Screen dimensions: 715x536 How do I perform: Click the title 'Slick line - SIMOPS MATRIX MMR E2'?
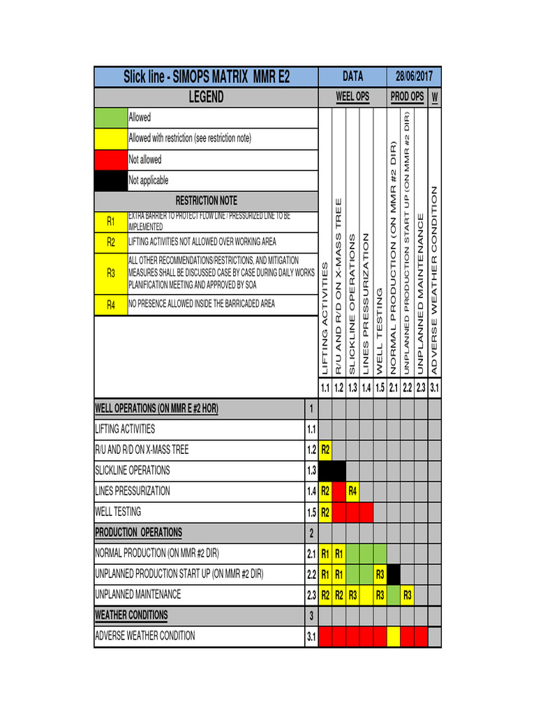click(206, 77)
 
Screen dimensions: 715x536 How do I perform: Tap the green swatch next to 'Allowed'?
click(110, 118)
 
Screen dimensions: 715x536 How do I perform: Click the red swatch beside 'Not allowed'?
click(110, 160)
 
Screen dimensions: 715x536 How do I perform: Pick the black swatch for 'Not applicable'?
click(110, 180)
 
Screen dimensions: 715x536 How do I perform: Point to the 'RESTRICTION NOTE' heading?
click(206, 201)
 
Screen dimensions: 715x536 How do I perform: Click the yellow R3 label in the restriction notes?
click(110, 274)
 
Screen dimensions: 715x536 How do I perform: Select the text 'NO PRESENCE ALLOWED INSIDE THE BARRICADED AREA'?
click(202, 304)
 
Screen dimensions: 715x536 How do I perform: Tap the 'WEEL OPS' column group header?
click(352, 97)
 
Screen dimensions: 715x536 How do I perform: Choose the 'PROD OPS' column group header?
click(407, 97)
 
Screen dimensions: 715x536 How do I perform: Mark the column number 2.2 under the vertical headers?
click(407, 388)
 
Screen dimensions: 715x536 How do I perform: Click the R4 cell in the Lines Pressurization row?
click(352, 492)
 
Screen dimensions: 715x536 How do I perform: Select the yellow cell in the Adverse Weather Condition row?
click(394, 636)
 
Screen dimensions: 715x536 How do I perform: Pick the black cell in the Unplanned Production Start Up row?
click(394, 575)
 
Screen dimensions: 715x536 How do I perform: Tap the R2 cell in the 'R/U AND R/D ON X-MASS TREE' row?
click(325, 450)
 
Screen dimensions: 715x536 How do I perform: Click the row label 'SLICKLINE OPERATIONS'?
click(133, 471)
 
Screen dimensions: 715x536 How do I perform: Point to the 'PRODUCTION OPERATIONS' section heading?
click(138, 533)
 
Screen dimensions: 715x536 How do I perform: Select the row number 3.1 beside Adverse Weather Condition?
click(311, 636)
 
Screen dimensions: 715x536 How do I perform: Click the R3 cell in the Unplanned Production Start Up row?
click(380, 575)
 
